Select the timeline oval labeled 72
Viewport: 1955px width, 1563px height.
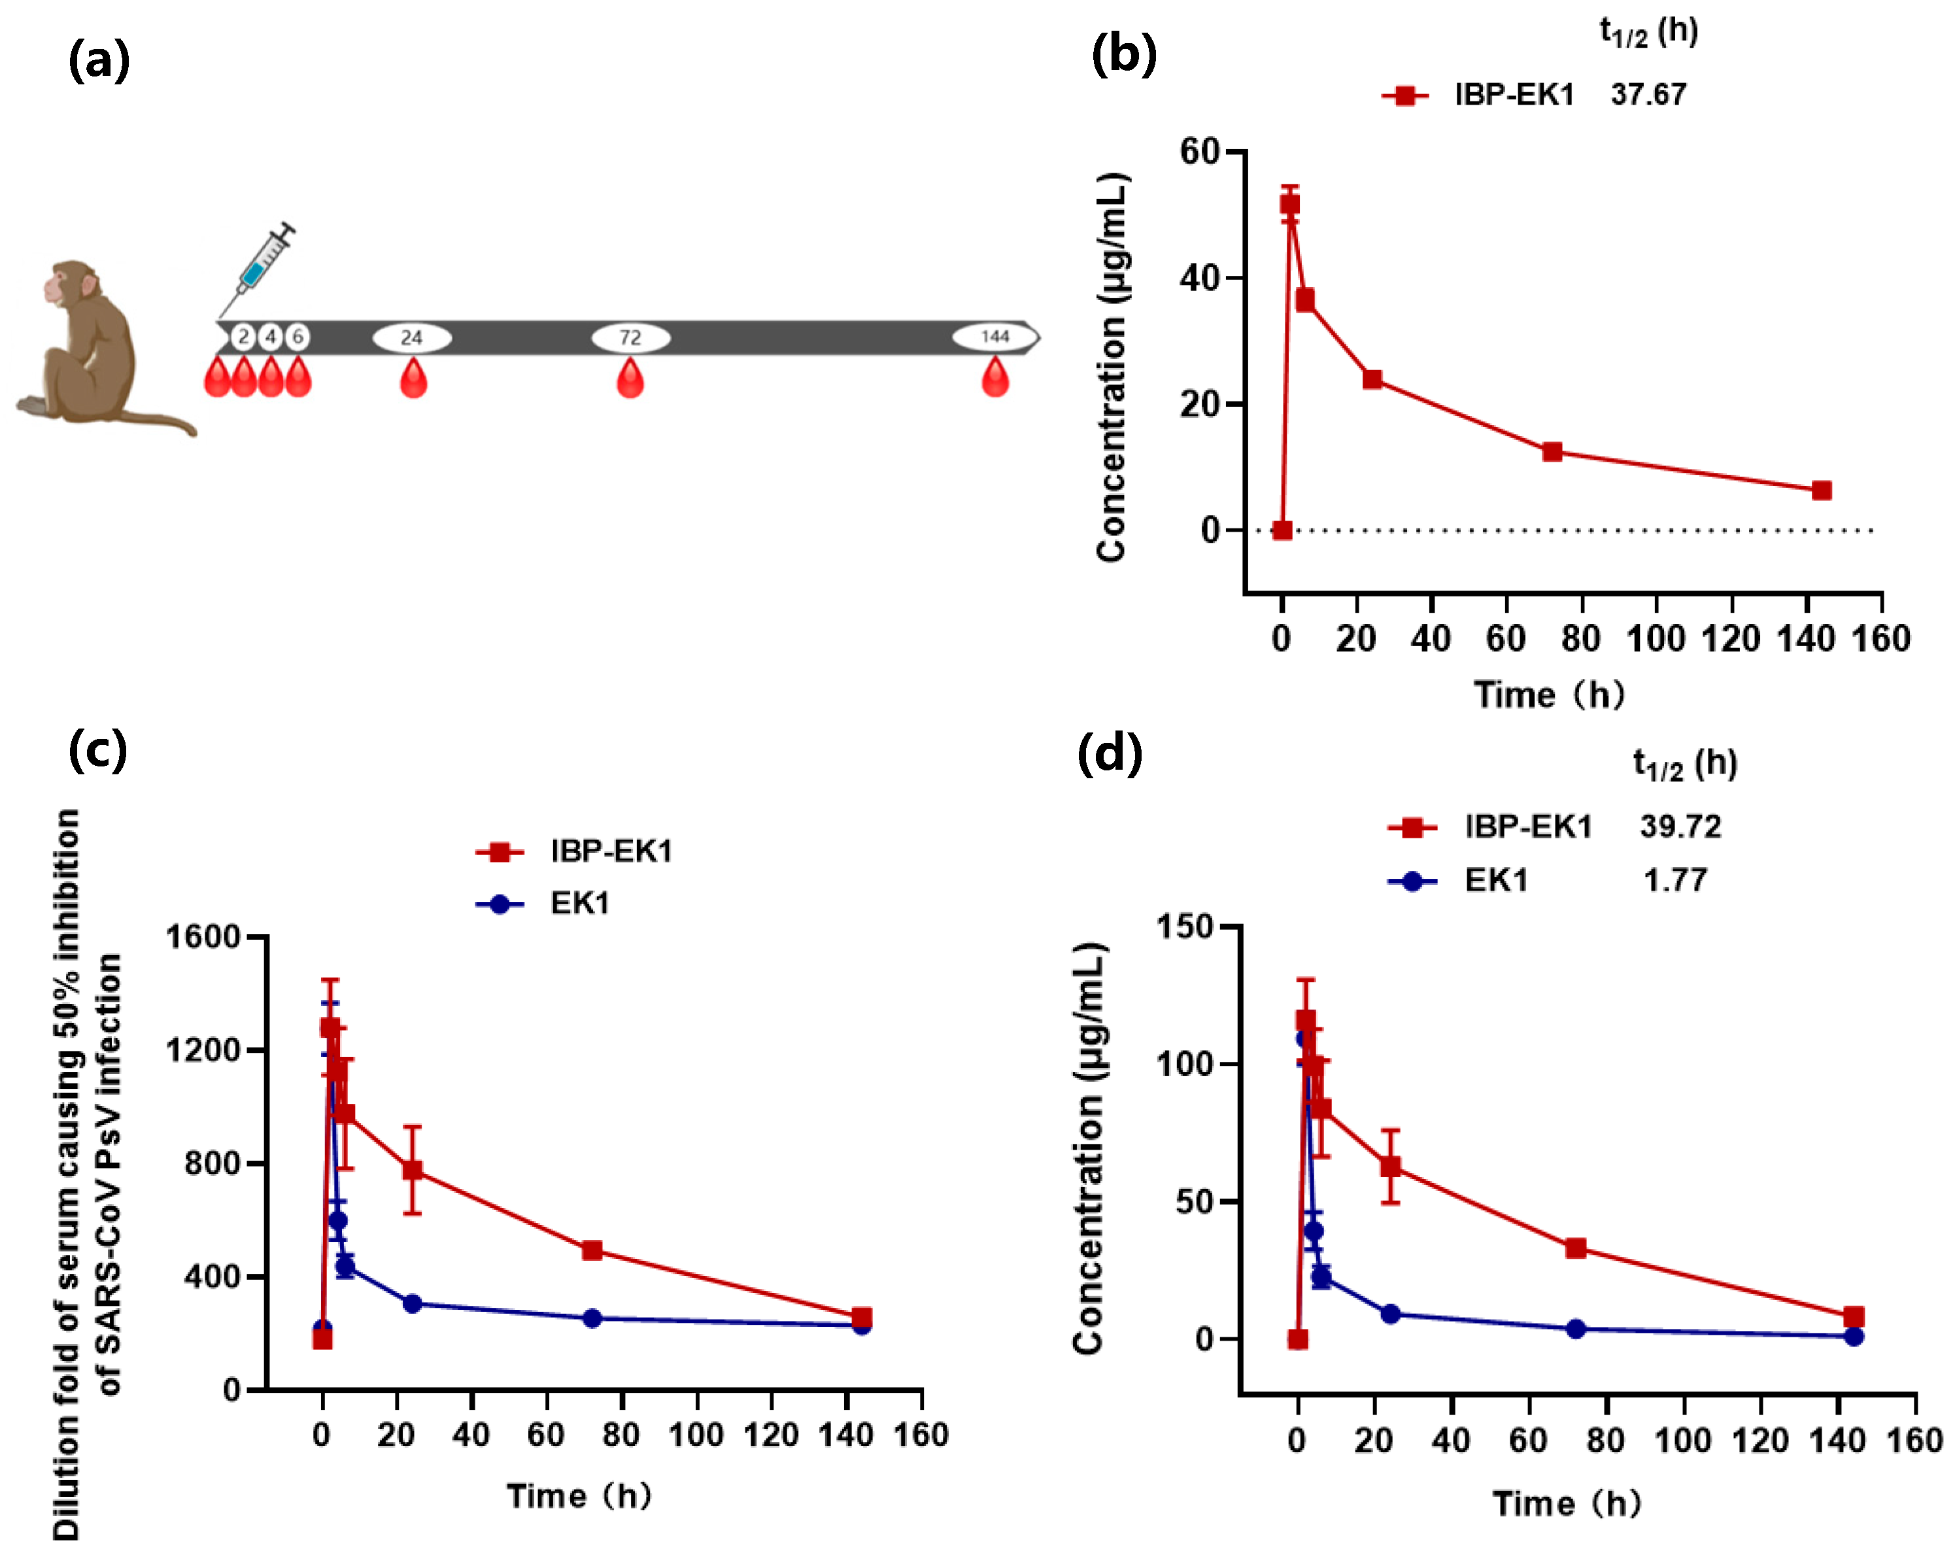click(x=630, y=337)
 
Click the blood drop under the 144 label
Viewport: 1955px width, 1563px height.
click(x=994, y=377)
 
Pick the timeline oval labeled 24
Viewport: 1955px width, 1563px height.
click(x=412, y=337)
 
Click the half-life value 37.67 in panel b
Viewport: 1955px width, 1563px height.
click(x=1648, y=94)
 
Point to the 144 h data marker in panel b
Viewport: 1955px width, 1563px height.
click(x=1821, y=490)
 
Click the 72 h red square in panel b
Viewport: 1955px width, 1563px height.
click(x=1552, y=452)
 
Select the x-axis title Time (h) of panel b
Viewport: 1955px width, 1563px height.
click(x=1548, y=695)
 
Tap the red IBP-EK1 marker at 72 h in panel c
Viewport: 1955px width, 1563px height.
click(x=591, y=1250)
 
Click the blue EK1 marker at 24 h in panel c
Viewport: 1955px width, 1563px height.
click(x=412, y=1303)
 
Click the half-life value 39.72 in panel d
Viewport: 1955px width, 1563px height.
click(x=1679, y=827)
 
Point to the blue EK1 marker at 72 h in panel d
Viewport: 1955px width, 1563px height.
click(x=1575, y=1328)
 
